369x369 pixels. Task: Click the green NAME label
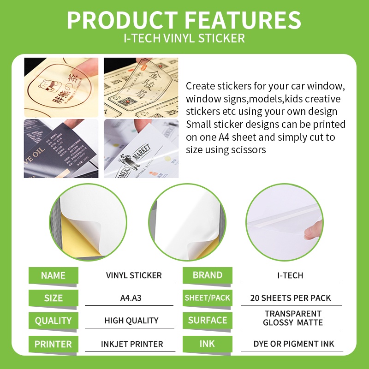coord(53,275)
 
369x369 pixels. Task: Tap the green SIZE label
coord(53,298)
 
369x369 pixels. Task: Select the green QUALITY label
coord(53,321)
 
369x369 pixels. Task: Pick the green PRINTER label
coord(53,344)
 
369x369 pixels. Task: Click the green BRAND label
coord(207,275)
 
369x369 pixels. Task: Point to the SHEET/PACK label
coord(207,298)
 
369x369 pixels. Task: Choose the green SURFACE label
coord(207,320)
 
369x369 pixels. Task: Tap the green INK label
coord(207,344)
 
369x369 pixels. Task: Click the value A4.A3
coord(131,298)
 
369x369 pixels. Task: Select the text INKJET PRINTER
coord(132,344)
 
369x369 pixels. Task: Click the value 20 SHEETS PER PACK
coord(291,298)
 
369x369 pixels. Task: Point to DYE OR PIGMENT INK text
coord(294,344)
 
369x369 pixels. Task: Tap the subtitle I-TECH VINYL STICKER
coord(184,38)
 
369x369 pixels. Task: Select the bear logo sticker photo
coord(61,87)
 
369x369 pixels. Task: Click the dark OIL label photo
coord(61,149)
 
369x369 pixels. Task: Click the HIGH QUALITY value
coord(131,321)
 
